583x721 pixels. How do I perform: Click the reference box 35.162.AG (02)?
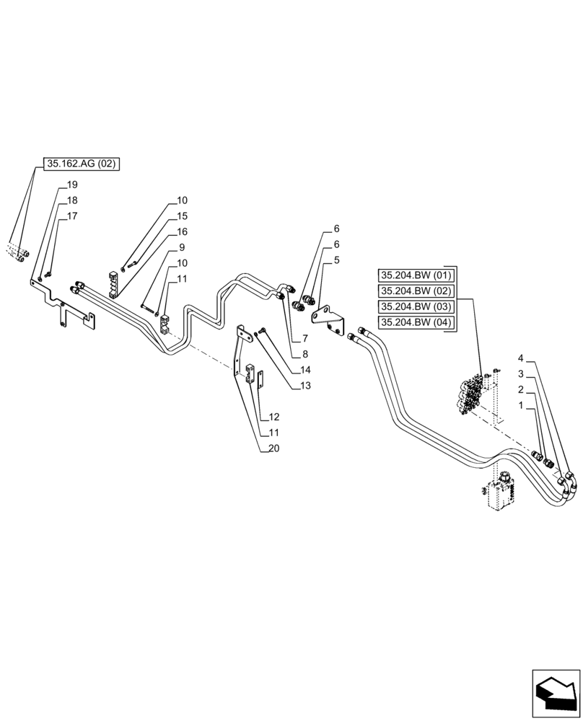(x=81, y=164)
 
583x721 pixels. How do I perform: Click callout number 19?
(x=72, y=185)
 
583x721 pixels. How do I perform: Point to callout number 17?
(x=72, y=216)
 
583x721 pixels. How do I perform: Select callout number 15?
(x=182, y=216)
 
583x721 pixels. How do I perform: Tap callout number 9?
(x=182, y=248)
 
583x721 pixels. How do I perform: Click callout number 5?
(x=336, y=260)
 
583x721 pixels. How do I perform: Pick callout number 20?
(x=273, y=448)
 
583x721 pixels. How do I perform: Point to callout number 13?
(x=306, y=385)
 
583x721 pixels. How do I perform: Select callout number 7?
(x=306, y=337)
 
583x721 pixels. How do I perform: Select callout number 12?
(x=273, y=417)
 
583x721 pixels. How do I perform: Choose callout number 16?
(x=182, y=232)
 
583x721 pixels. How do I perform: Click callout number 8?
(x=306, y=353)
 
